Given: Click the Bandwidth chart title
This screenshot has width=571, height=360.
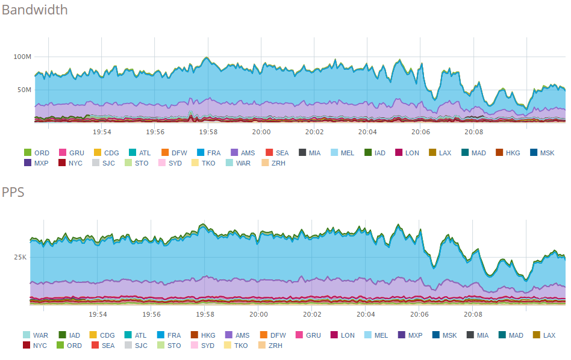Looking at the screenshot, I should coord(34,10).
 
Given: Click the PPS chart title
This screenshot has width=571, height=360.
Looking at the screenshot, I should coord(13,193).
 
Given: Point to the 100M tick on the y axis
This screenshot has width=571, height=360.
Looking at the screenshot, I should coord(22,57).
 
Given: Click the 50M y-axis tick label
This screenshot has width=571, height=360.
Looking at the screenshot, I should coord(24,90).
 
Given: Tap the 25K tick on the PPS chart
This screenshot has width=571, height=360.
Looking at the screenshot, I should coord(20,257).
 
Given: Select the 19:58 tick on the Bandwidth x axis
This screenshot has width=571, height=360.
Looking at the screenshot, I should coord(208,131).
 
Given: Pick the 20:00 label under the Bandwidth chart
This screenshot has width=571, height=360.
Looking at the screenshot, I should coord(261,131).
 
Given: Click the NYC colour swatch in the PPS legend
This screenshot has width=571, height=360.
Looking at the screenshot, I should coord(27,346).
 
